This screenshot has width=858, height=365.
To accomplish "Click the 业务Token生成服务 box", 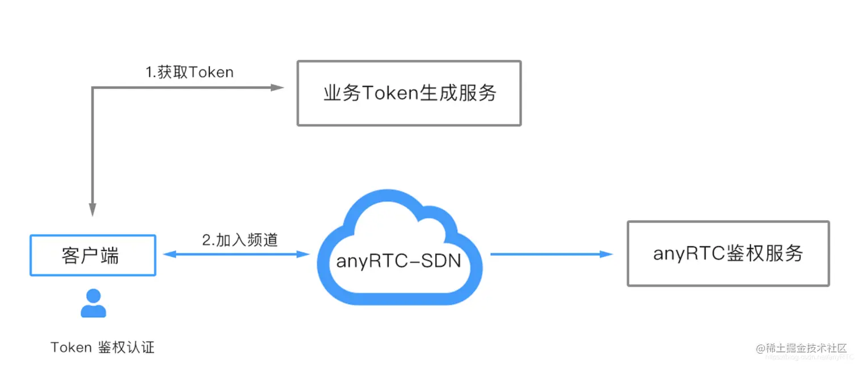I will (409, 93).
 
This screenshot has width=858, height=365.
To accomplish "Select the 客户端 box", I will (92, 255).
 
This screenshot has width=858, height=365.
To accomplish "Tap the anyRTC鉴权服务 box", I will (728, 254).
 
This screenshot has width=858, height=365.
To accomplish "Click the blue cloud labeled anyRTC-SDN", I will (397, 250).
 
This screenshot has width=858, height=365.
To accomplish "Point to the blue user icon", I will (93, 303).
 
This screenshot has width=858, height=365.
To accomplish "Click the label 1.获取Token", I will (190, 72).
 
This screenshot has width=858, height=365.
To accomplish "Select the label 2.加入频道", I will (240, 240).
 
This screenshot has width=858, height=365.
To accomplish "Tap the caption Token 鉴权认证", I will (102, 347).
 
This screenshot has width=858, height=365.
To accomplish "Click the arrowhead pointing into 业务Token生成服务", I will (277, 88).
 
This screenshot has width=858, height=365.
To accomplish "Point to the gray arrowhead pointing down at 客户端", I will (92, 210).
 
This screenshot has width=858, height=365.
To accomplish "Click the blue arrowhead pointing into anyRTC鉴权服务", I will (607, 254).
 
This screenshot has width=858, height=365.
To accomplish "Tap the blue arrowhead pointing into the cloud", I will (303, 254).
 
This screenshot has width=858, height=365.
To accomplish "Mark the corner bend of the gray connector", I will (92, 88).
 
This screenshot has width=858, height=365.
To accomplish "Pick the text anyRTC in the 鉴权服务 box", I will (681, 254).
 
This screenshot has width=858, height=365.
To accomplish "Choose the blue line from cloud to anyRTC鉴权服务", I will (545, 254).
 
